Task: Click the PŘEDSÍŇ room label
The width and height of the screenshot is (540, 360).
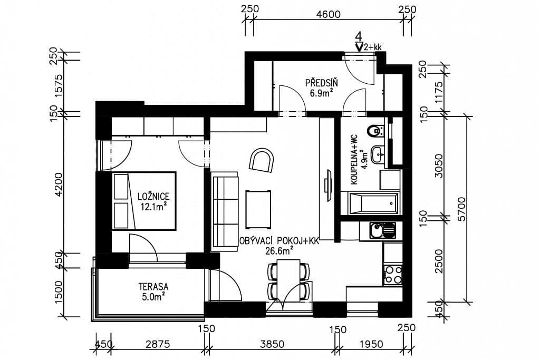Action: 321,82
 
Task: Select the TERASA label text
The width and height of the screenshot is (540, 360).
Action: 153,287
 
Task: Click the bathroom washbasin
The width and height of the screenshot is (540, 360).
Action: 378,154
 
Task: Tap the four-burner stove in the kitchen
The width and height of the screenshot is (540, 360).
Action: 392,275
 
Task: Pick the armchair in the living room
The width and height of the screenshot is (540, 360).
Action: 262,160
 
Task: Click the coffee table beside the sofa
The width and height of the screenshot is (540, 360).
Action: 258,207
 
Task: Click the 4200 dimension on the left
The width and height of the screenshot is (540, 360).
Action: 59,184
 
